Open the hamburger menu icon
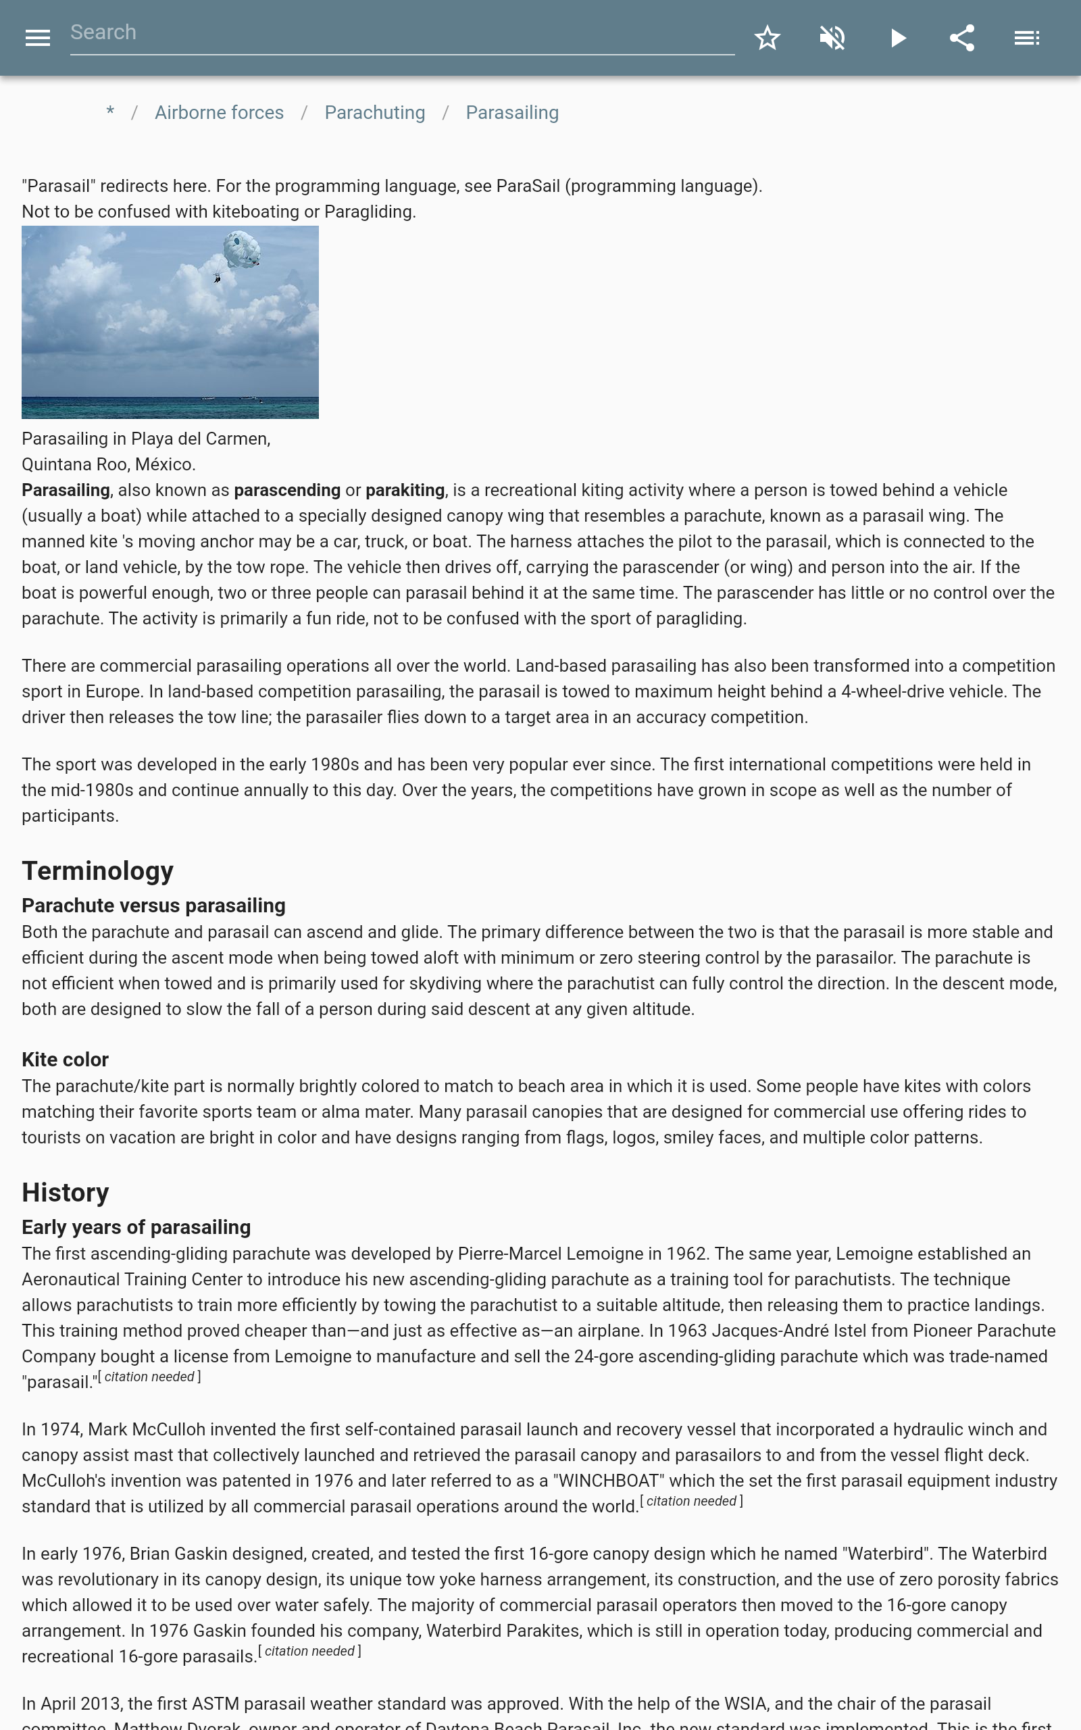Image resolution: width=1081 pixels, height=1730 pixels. [x=37, y=38]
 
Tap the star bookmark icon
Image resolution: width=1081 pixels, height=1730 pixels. [x=767, y=38]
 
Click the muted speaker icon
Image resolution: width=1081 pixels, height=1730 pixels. [x=832, y=38]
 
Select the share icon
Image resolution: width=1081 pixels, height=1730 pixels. [x=962, y=38]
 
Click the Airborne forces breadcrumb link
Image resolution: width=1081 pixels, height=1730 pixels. [x=219, y=113]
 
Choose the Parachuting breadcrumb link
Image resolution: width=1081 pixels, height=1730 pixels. [x=374, y=113]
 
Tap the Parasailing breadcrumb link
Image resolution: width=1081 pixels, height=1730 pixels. [x=512, y=113]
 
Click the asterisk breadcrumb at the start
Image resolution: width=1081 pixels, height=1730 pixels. [x=110, y=113]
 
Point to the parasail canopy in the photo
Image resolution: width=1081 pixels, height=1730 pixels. [x=241, y=249]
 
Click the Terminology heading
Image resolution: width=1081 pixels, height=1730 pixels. [x=97, y=870]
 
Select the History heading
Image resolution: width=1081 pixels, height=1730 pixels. [x=65, y=1192]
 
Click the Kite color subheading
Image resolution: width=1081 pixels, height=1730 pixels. [x=65, y=1060]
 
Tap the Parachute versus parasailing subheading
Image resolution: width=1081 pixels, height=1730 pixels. [x=153, y=906]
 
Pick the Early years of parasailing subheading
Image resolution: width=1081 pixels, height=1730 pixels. [x=136, y=1227]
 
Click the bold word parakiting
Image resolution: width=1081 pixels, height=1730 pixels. [x=405, y=491]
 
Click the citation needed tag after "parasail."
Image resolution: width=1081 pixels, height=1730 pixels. [x=149, y=1377]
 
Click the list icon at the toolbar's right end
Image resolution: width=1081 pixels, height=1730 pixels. [x=1027, y=38]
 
